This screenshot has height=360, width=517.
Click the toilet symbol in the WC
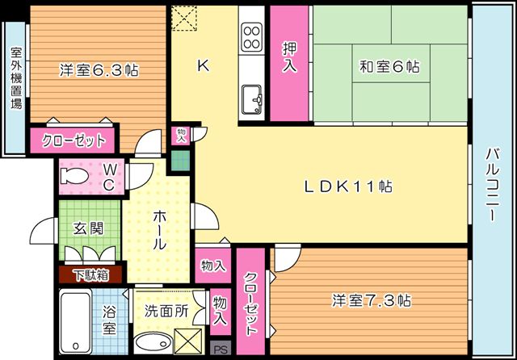point(74,176)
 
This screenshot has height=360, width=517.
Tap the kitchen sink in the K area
point(251,99)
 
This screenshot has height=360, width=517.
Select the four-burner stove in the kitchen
point(251,37)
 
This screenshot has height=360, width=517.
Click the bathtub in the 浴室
point(75,322)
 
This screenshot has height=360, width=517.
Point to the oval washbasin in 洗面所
point(153,342)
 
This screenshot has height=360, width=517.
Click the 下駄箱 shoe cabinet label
point(91,275)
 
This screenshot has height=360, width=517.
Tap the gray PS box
point(221,349)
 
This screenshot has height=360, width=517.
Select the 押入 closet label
point(289,57)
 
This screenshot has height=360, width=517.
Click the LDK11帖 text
point(347,186)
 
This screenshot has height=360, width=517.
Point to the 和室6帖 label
point(389,66)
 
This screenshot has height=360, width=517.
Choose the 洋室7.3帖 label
point(372,301)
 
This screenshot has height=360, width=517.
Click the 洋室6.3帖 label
point(99,70)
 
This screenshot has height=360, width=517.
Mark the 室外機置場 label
point(16,78)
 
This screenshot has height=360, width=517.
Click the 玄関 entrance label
point(88,228)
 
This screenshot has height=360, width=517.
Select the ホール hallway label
point(159,230)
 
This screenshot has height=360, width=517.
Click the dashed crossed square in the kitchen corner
point(184,18)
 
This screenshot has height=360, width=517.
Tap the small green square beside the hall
point(180,161)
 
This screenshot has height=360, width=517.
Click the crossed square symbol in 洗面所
point(188,341)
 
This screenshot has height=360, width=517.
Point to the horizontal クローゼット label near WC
point(74,141)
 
